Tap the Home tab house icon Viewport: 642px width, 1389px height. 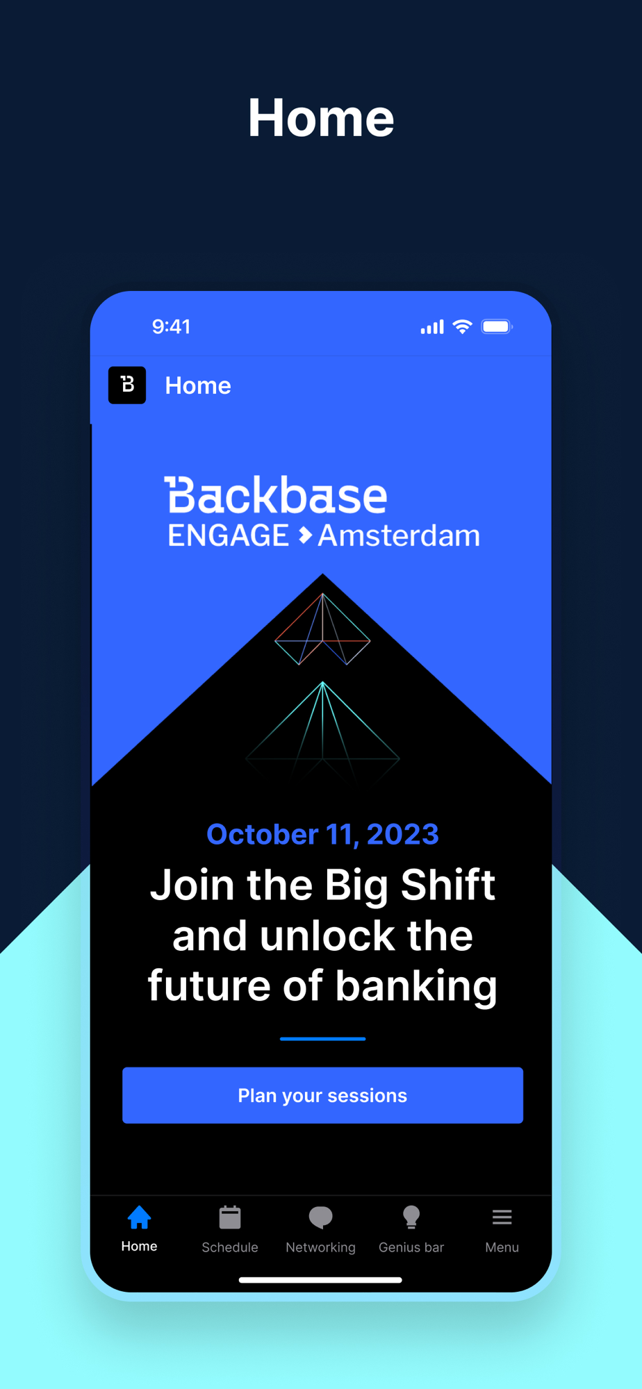point(139,1217)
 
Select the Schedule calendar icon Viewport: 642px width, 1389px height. point(230,1217)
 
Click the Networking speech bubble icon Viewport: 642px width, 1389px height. point(320,1217)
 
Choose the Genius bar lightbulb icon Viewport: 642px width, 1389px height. point(411,1217)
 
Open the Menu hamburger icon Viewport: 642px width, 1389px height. point(502,1217)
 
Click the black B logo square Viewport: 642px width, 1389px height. point(127,385)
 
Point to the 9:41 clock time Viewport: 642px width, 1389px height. point(171,326)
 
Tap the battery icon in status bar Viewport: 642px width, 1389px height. point(497,326)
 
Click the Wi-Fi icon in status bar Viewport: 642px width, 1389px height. point(463,326)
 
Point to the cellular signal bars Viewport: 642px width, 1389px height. point(432,327)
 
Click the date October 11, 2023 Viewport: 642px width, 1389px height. point(322,834)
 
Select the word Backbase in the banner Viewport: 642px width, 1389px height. point(275,495)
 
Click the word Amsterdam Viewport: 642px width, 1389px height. point(399,535)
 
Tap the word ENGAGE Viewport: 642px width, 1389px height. point(228,535)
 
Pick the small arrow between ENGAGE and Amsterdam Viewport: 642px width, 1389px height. point(304,535)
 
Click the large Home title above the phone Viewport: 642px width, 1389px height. point(321,118)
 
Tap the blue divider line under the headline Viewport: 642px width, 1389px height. point(322,1039)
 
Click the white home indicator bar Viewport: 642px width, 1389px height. point(320,1280)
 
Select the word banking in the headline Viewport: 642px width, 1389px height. point(416,986)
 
